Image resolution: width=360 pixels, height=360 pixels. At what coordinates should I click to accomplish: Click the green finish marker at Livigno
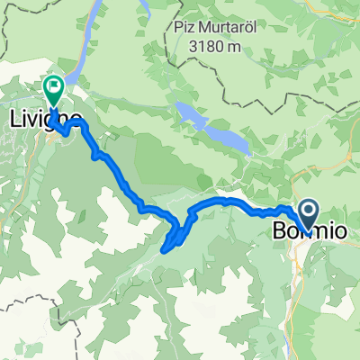(x=53, y=88)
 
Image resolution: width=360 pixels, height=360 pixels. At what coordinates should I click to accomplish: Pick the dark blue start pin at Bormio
(x=307, y=214)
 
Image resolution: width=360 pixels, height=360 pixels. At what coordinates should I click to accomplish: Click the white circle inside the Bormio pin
(x=307, y=212)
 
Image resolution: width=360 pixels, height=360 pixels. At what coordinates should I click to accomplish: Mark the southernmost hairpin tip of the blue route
(x=165, y=249)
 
